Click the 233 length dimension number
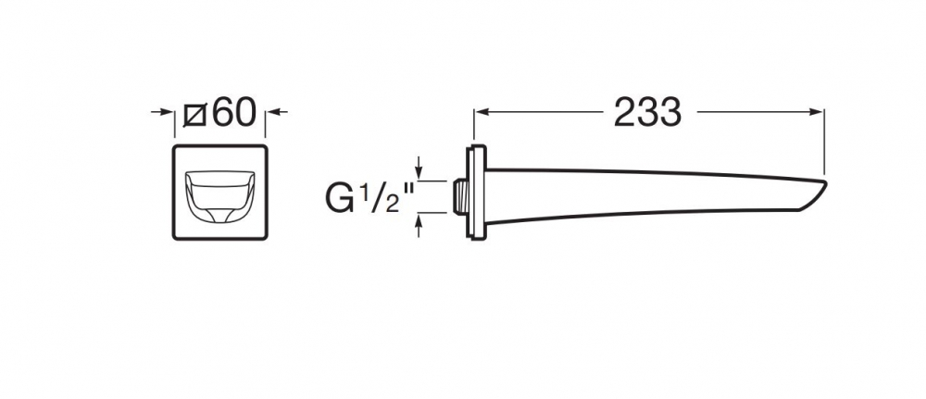647,112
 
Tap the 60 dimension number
234,112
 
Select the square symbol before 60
194,115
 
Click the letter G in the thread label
339,198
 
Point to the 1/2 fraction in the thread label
375,195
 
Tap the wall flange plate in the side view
476,192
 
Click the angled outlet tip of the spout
813,194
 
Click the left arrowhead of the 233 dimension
482,111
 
